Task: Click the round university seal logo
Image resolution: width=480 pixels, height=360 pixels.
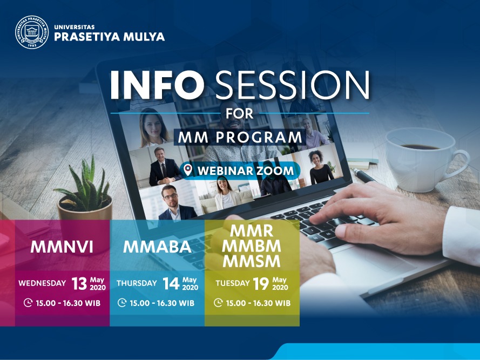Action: [32, 32]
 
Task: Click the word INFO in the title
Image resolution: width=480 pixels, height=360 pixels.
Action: [157, 85]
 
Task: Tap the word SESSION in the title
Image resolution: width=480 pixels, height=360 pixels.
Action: [292, 85]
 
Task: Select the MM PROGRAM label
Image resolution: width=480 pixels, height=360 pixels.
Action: [240, 137]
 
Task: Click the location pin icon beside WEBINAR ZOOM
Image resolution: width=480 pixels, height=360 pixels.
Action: [188, 170]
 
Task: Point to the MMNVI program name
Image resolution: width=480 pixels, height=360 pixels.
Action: [62, 247]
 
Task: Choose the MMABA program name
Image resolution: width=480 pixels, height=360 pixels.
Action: [157, 247]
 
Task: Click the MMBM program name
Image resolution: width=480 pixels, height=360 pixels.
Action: [251, 246]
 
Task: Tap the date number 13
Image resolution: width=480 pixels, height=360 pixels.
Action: [79, 283]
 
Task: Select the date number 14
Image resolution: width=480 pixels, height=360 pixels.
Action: [171, 283]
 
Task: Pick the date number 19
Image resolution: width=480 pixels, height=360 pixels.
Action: [261, 283]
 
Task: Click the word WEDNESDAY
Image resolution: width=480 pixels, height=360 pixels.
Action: [42, 283]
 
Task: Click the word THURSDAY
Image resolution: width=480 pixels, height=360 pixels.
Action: [137, 283]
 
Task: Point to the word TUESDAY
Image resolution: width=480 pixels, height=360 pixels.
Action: [232, 283]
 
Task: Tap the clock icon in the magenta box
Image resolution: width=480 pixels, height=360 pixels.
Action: [28, 303]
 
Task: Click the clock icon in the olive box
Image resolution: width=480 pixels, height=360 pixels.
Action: [218, 303]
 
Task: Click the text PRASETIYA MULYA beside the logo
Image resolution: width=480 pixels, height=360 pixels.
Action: [109, 37]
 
